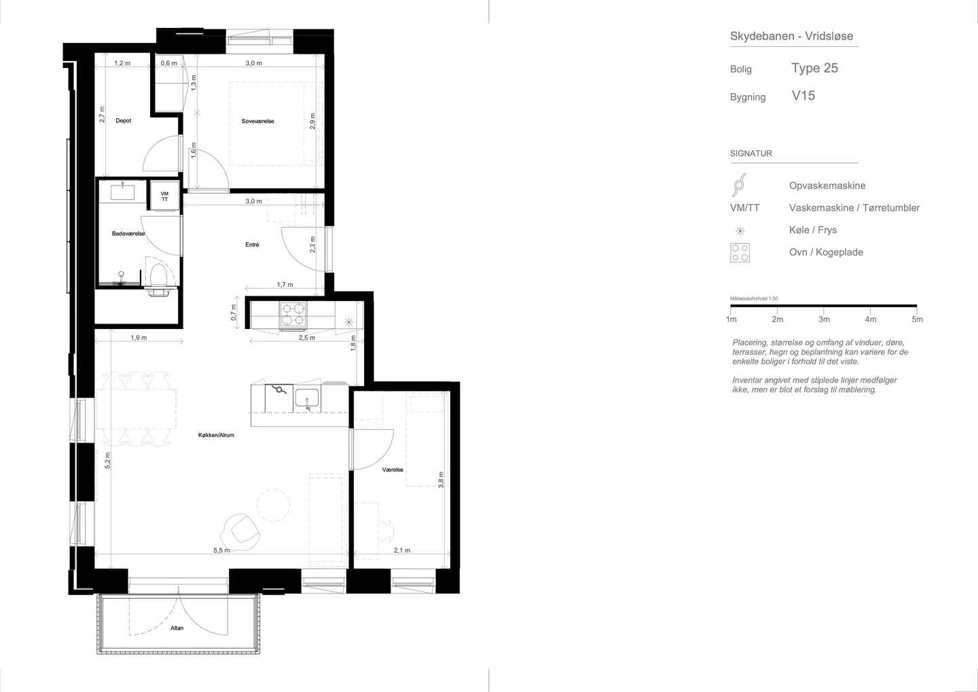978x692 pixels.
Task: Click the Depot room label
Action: click(123, 120)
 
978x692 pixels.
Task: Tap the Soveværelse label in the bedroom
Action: click(257, 121)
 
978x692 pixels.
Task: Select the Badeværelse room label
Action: click(128, 234)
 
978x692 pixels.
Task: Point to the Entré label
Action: click(252, 245)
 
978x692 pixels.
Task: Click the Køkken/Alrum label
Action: click(216, 435)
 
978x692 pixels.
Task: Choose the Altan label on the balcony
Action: click(177, 628)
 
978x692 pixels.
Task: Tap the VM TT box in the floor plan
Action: click(164, 196)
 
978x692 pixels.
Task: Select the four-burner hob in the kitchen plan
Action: click(293, 315)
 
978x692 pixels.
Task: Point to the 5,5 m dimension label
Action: click(221, 551)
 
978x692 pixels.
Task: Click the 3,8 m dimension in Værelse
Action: click(441, 480)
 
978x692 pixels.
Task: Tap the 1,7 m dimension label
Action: click(285, 285)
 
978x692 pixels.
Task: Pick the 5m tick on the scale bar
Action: click(918, 319)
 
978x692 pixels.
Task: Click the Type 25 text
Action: click(815, 68)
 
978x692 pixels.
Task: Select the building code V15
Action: click(803, 96)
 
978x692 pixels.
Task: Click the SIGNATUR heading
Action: click(751, 154)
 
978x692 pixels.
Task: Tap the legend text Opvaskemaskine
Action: click(827, 186)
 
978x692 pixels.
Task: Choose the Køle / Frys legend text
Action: click(813, 230)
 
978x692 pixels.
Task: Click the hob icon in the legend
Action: click(740, 252)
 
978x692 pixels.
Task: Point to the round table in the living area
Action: click(273, 505)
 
